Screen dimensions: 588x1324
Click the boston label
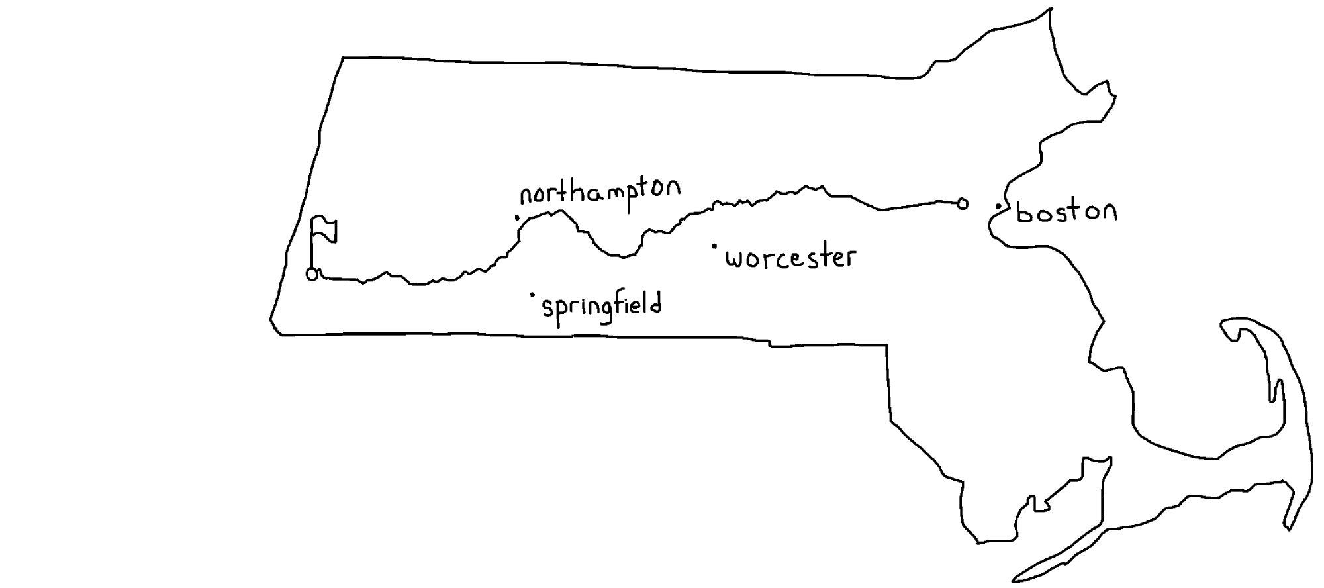tap(1066, 213)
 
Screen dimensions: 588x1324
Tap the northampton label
tap(600, 191)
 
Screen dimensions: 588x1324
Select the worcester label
tap(791, 258)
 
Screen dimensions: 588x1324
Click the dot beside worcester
tap(714, 247)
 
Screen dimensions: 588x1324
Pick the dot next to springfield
tap(532, 298)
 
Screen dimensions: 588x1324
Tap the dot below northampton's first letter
tap(517, 218)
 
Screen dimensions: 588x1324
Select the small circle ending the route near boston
tap(961, 203)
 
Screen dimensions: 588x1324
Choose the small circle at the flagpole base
tap(311, 273)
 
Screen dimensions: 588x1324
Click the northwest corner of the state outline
tap(342, 58)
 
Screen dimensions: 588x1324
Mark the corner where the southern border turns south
tap(885, 346)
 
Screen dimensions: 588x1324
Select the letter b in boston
tap(1024, 212)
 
